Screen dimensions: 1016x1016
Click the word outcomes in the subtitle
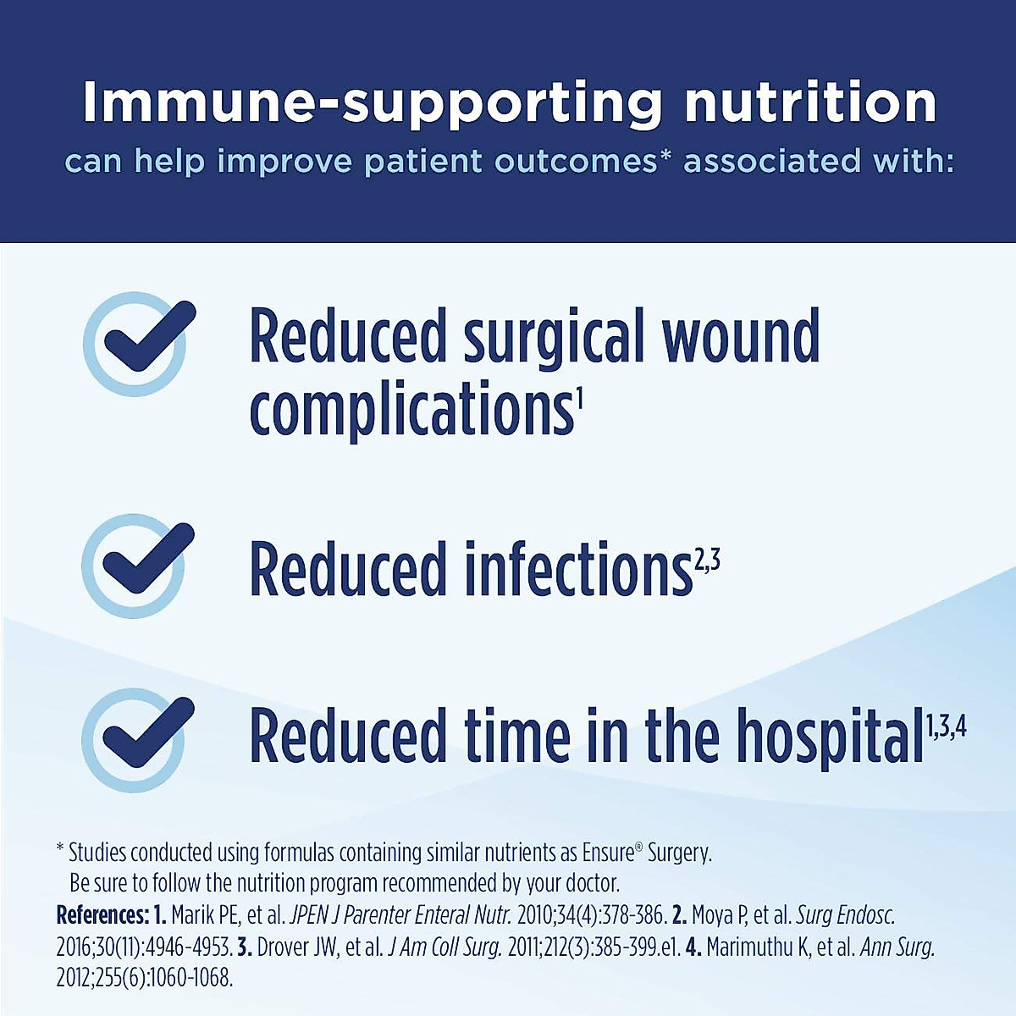point(576,161)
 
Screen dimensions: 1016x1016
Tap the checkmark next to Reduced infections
point(135,564)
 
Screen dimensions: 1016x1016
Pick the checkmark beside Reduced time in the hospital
point(135,738)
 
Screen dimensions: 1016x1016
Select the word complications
point(411,409)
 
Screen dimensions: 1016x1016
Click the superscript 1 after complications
point(580,395)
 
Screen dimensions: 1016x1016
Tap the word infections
point(579,569)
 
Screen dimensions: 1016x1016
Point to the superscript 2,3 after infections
point(708,560)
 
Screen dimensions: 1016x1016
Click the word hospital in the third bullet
point(829,737)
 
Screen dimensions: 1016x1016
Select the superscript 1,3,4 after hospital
point(946,726)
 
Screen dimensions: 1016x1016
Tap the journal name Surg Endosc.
point(845,915)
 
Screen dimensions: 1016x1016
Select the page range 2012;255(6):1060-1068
point(144,978)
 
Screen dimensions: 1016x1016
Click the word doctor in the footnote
point(592,883)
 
